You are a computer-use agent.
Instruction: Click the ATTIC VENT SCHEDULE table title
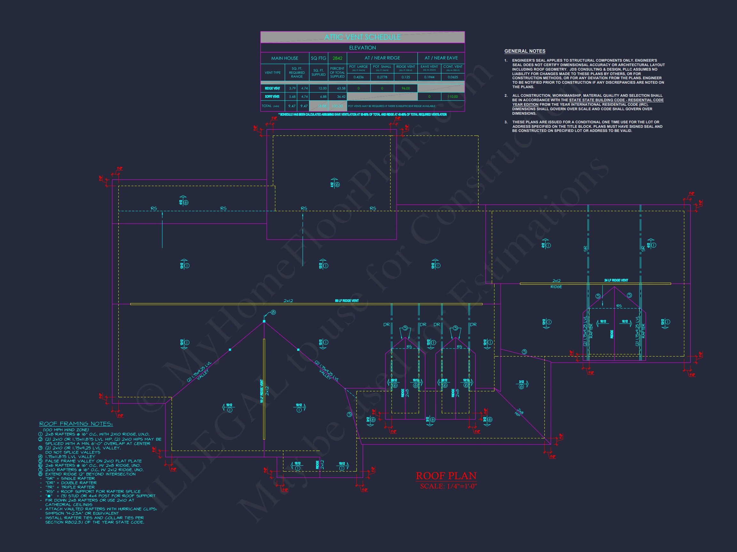tap(362, 37)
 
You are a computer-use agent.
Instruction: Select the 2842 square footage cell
tap(337, 58)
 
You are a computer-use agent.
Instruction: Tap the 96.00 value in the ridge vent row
tap(406, 88)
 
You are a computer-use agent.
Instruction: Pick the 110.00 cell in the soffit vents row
tap(452, 96)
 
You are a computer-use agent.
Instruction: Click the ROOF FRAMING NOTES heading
tap(76, 424)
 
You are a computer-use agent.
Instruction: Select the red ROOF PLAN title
tap(446, 476)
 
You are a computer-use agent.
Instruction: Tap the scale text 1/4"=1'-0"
tap(448, 486)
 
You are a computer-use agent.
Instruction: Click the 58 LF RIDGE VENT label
tap(346, 301)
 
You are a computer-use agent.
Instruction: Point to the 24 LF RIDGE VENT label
tap(616, 280)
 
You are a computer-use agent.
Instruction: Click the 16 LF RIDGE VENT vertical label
tap(262, 391)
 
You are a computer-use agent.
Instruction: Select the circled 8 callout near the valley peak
tap(273, 312)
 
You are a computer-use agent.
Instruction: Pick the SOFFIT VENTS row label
tap(272, 96)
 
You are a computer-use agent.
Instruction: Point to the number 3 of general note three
tap(506, 122)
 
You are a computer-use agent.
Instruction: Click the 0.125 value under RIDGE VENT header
tap(406, 77)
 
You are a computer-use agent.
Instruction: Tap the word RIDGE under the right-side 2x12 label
tap(556, 287)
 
